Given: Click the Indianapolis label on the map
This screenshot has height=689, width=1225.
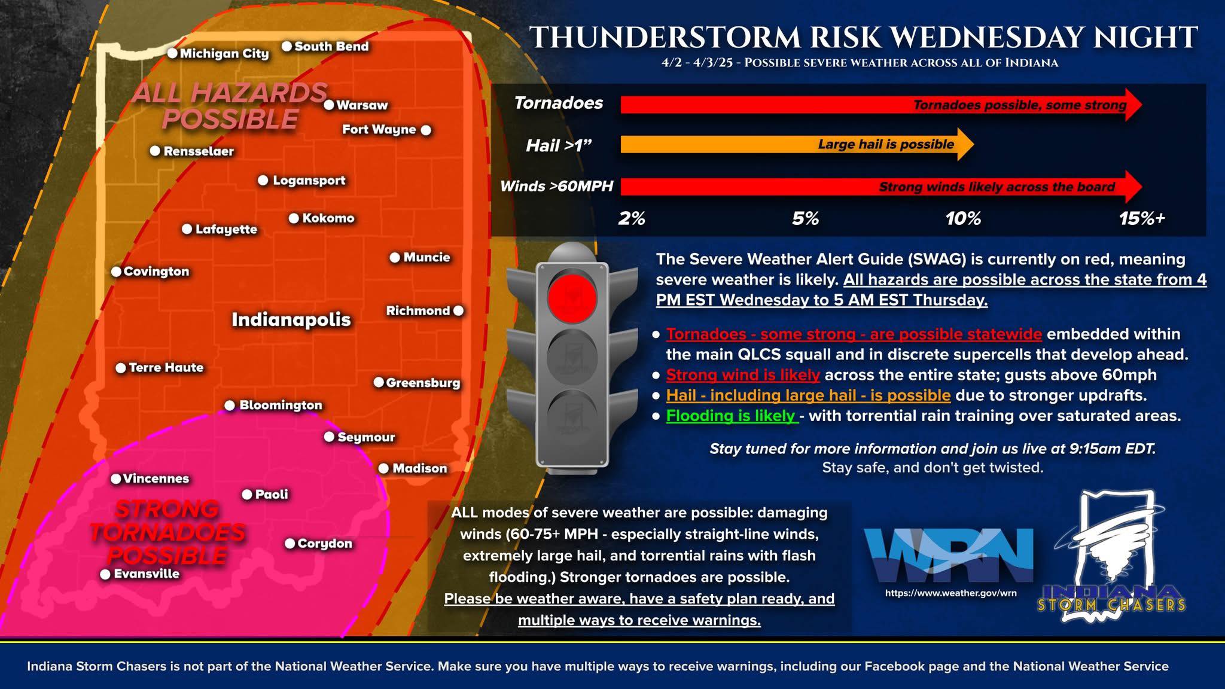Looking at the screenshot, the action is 291,319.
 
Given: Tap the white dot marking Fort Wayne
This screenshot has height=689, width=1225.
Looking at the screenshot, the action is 426,130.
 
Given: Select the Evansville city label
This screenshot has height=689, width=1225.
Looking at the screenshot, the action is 147,574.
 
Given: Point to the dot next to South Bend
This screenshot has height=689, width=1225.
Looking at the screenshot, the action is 287,46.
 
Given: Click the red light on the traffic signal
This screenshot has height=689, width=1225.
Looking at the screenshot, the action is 572,297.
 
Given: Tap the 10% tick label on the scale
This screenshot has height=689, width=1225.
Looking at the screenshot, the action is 963,218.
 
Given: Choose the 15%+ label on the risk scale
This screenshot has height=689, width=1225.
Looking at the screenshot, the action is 1142,218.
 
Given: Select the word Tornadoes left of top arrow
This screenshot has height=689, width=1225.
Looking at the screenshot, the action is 559,103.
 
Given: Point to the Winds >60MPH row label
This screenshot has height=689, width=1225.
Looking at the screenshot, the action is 557,186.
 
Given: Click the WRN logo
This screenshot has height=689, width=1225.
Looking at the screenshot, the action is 949,554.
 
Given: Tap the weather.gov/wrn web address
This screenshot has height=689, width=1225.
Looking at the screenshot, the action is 950,593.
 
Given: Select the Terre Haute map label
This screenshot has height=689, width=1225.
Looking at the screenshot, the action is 166,367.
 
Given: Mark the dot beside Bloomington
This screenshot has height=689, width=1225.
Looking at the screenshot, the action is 230,406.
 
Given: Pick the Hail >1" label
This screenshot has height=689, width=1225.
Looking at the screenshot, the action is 559,145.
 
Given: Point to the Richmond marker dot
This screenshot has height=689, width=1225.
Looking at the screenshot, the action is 458,310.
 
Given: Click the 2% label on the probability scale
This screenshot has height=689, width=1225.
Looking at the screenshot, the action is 632,218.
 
